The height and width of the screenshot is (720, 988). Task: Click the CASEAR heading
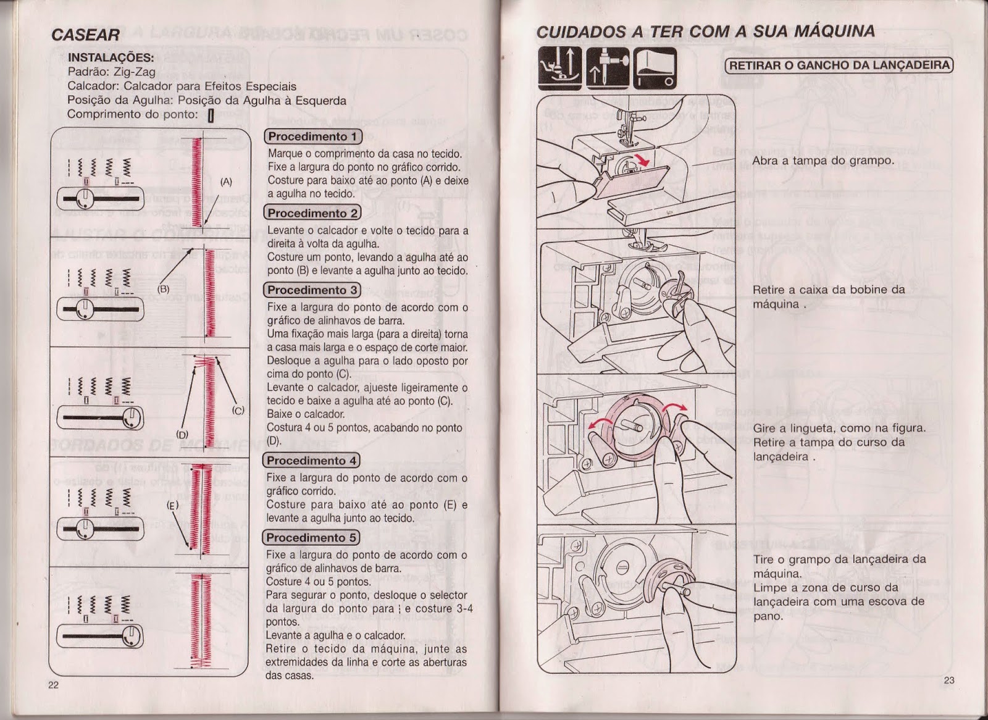click(86, 35)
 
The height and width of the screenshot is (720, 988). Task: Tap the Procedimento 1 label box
click(312, 136)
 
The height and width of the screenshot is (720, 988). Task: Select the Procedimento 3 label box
click(312, 290)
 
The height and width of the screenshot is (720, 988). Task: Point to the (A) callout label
click(227, 182)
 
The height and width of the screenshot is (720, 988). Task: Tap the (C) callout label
click(238, 410)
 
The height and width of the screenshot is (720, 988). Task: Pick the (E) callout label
click(172, 505)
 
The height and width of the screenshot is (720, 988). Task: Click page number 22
click(53, 685)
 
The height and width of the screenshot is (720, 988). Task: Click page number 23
click(949, 680)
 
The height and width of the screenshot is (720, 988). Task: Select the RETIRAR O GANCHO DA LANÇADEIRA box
click(839, 65)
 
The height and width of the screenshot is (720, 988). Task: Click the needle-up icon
click(606, 67)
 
